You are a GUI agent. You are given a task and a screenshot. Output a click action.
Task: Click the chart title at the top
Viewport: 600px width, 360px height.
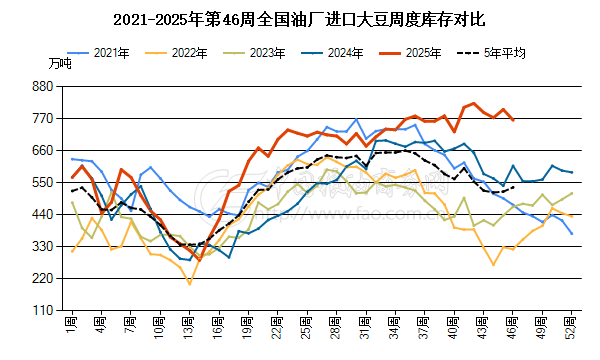tap(300, 19)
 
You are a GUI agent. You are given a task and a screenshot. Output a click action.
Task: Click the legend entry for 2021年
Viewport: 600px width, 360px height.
tap(103, 50)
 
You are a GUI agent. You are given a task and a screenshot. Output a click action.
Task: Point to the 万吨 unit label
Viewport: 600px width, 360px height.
tap(59, 63)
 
